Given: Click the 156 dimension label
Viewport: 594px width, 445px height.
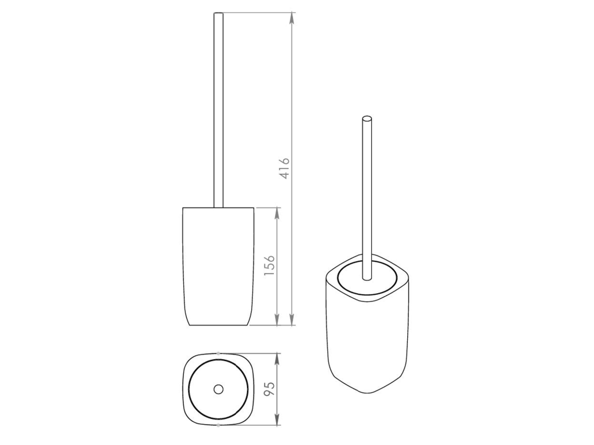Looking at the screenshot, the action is pos(269,265).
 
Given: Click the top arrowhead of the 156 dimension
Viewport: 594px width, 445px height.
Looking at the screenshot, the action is pos(277,214).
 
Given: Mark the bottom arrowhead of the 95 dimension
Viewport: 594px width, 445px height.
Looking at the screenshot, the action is pos(277,419).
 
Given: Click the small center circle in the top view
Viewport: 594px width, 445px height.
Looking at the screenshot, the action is pos(219,389).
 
